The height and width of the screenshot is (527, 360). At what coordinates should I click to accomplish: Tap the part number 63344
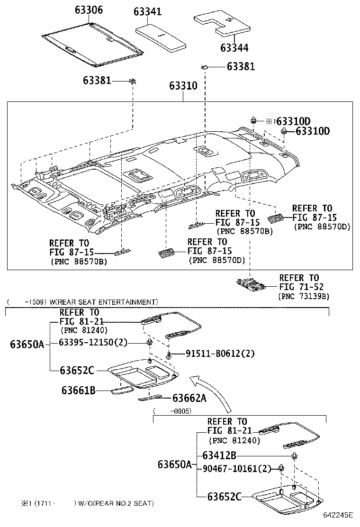click(234, 48)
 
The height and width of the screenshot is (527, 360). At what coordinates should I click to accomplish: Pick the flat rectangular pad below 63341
click(160, 36)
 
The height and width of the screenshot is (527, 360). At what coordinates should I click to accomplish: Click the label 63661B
click(79, 390)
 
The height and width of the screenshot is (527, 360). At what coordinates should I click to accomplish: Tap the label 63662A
click(189, 398)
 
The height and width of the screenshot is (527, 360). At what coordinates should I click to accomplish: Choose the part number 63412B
click(219, 455)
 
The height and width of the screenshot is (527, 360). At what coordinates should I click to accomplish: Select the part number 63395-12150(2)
click(93, 343)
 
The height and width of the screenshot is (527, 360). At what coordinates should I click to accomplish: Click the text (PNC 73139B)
click(304, 296)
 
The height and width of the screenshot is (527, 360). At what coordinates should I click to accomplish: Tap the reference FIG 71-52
click(302, 287)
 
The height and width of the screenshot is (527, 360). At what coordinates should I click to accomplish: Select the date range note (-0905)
click(172, 411)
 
